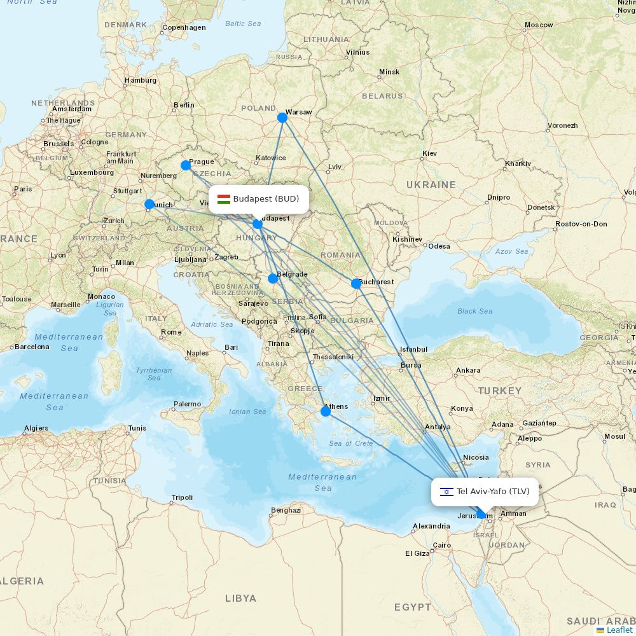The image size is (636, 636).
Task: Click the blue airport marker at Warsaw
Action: point(282,118)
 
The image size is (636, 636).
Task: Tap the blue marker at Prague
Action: point(186,165)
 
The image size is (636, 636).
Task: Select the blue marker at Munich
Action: point(149,204)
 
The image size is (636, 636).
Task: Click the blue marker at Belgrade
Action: point(273,278)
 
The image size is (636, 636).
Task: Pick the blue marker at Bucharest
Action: point(356,284)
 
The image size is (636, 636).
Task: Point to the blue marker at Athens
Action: point(326,411)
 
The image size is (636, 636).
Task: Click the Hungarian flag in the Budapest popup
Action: point(223,199)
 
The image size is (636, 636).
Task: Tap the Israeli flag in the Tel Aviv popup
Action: point(446,492)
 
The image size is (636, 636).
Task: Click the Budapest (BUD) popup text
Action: point(266,199)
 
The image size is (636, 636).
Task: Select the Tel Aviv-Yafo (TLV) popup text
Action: point(493,492)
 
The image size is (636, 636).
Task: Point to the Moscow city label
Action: point(538,25)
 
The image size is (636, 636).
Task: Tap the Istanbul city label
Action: point(413,349)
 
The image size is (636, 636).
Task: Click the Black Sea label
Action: point(474,311)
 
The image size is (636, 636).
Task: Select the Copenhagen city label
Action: point(184,27)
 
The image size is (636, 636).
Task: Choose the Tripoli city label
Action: point(182,497)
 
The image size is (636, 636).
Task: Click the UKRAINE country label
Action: point(431,185)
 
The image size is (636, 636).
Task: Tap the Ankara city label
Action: point(468,370)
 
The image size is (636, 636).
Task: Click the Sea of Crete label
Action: point(351,443)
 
